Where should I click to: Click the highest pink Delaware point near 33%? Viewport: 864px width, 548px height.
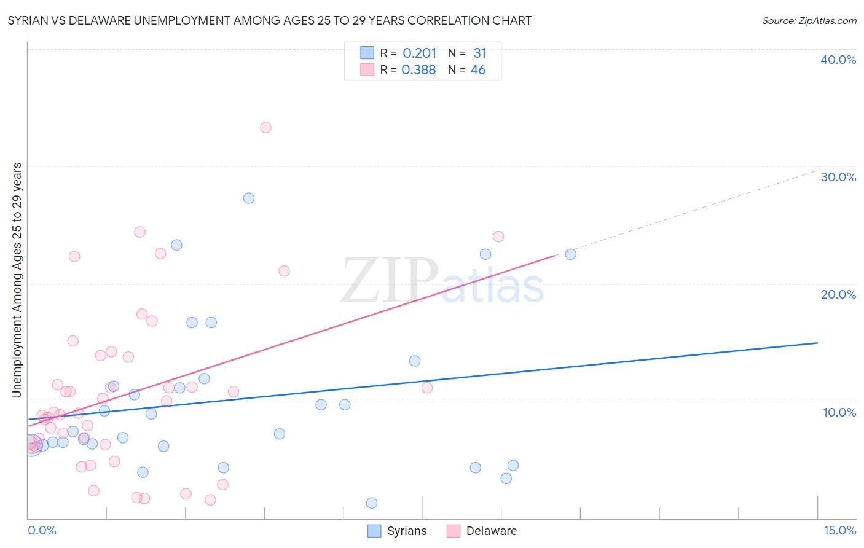(265, 128)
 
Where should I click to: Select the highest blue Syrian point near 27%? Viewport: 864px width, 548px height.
(249, 198)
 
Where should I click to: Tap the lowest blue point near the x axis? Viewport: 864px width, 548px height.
(372, 503)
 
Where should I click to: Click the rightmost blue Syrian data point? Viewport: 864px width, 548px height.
(571, 254)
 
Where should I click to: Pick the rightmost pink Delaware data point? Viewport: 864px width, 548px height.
(498, 237)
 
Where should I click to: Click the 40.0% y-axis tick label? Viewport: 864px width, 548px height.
(838, 60)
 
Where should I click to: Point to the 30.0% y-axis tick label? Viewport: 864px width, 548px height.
(838, 177)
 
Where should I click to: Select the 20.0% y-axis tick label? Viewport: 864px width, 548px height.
(838, 294)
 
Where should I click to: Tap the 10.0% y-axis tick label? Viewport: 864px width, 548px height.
(839, 412)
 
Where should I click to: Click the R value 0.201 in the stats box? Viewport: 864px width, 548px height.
(419, 53)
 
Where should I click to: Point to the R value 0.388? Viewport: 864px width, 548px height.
(418, 70)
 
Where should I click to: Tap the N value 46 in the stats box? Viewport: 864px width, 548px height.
(478, 70)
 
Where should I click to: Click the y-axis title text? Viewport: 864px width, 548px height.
(17, 280)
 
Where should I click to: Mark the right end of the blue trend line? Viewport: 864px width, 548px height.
(818, 343)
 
